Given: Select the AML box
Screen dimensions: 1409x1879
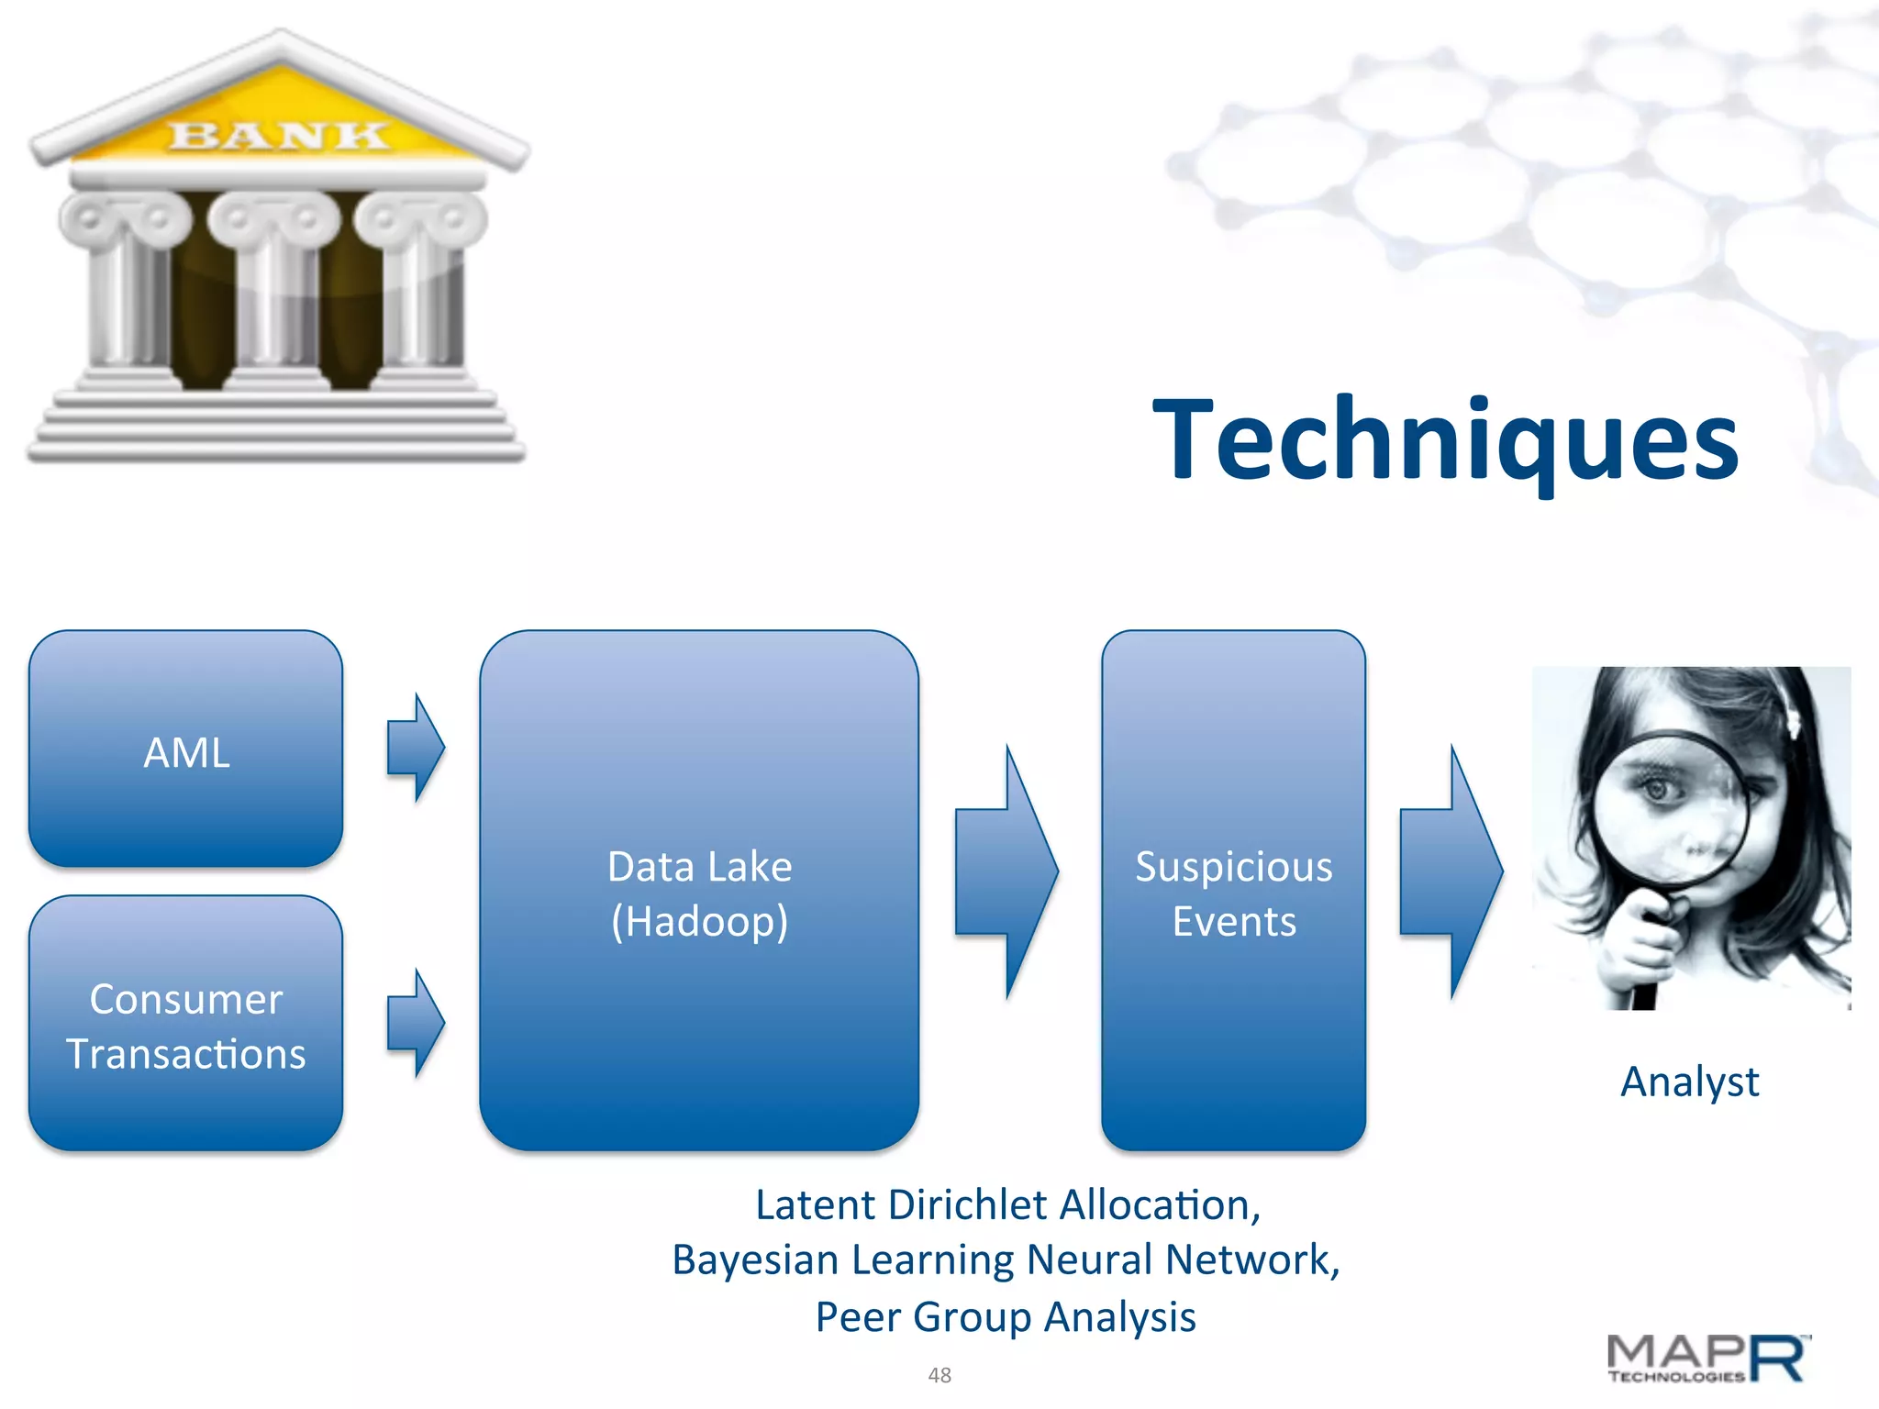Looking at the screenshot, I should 186,749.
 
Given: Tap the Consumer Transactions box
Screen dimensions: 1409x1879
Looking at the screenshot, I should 186,1024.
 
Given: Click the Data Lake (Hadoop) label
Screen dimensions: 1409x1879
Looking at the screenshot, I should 699,893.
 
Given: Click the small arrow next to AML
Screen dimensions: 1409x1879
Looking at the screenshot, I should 416,748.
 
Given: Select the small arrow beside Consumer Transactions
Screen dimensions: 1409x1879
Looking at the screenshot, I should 416,1023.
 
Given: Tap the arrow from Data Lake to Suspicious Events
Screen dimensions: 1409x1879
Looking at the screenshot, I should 1006,871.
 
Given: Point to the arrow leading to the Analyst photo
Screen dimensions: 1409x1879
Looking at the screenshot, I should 1451,871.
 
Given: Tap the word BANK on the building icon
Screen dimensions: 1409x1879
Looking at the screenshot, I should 277,136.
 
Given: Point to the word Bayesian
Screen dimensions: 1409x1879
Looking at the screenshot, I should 754,1260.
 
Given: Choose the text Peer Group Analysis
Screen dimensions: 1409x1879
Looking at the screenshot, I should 1006,1317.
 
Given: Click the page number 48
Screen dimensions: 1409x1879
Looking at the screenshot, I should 939,1375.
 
